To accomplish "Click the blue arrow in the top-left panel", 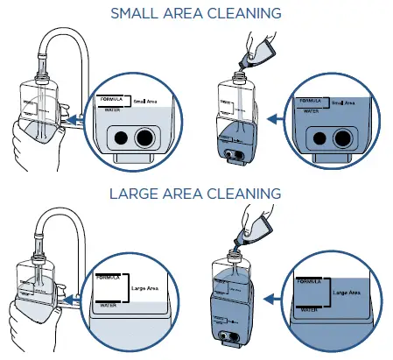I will pyautogui.click(x=75, y=115).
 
